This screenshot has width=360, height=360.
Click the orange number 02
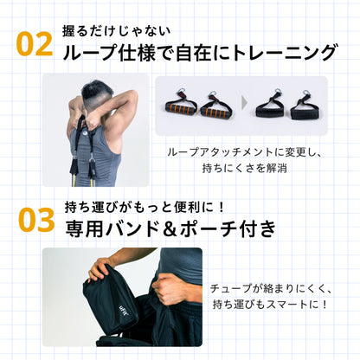35,44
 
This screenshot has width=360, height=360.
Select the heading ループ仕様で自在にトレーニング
200,53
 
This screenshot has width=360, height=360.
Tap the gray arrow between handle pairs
242,105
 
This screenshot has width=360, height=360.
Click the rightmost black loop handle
304,107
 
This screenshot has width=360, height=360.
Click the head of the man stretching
97,90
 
